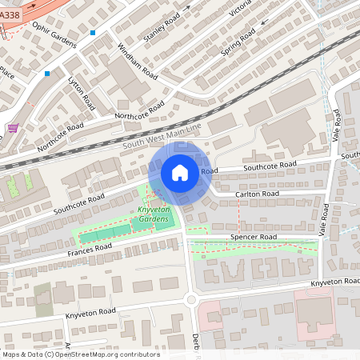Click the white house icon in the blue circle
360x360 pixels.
coord(180,173)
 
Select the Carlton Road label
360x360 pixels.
coord(257,194)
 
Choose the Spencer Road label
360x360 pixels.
coord(253,238)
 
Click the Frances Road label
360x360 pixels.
coord(89,253)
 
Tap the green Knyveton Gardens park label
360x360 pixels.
coord(152,214)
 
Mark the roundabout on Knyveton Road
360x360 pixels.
coord(191,300)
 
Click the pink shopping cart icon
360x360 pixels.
coord(13,127)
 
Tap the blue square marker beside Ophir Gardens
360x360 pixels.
coord(94,33)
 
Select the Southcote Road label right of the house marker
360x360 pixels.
coord(270,165)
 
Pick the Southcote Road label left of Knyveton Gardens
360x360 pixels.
coord(79,202)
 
